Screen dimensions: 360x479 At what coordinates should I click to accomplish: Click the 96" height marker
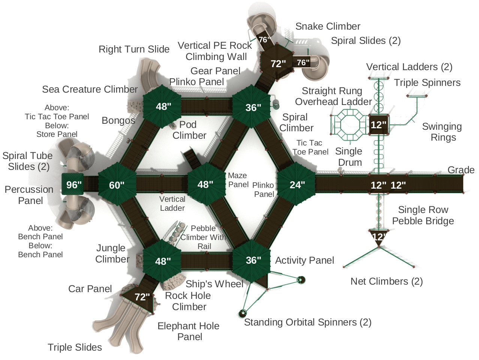click(x=74, y=185)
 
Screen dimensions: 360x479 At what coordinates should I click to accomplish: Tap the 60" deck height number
click(x=117, y=185)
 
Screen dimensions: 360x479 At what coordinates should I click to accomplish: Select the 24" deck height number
click(x=297, y=184)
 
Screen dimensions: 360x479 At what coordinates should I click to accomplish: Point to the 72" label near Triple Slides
click(x=142, y=297)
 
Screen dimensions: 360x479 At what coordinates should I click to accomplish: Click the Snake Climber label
click(x=328, y=26)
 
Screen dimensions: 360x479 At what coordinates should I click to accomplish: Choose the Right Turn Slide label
click(x=134, y=49)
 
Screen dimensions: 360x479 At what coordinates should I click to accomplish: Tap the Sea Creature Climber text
click(x=90, y=89)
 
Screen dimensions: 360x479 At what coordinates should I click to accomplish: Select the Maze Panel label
click(x=238, y=180)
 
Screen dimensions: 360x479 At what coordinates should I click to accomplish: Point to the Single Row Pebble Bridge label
click(x=423, y=215)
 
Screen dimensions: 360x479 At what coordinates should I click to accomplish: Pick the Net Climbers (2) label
click(x=386, y=281)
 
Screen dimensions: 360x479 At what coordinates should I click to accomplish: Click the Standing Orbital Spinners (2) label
click(x=307, y=322)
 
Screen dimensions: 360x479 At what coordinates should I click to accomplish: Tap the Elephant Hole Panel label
click(x=189, y=331)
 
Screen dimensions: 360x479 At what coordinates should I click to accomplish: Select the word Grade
click(x=461, y=170)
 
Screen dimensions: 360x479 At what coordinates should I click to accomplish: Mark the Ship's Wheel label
click(x=214, y=284)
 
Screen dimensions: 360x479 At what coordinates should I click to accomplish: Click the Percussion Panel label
click(x=29, y=195)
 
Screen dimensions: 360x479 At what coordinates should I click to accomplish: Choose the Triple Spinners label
click(x=427, y=82)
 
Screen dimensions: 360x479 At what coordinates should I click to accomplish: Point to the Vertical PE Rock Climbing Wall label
click(x=215, y=51)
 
